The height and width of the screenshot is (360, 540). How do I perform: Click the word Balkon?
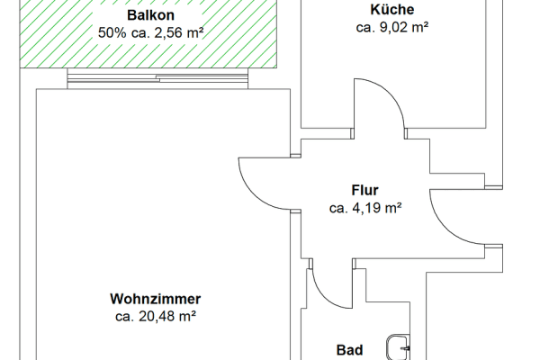click(x=150, y=16)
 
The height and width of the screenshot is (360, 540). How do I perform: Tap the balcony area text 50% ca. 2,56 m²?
click(x=150, y=33)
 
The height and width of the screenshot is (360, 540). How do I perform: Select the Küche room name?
click(x=391, y=10)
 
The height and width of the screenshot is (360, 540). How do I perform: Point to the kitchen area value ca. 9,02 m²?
click(x=391, y=27)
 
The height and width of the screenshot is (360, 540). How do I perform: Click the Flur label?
click(x=364, y=190)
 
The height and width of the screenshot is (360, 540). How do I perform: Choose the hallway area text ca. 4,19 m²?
click(x=364, y=208)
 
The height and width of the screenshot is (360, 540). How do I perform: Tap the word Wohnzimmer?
click(x=156, y=298)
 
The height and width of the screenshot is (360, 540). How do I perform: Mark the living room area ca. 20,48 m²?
click(x=156, y=316)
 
